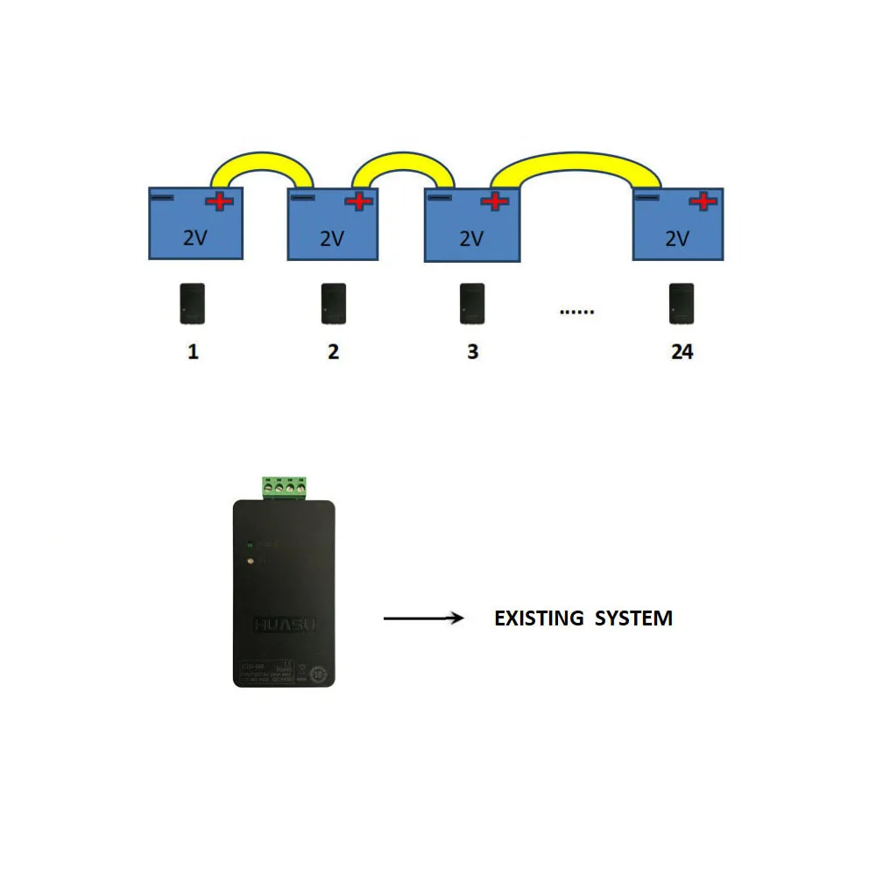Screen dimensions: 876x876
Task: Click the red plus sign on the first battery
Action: pyautogui.click(x=220, y=202)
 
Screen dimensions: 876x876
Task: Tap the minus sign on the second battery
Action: pyautogui.click(x=302, y=198)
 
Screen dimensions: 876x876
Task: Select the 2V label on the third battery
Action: pyautogui.click(x=471, y=239)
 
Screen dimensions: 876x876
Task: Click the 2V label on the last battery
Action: pyautogui.click(x=677, y=238)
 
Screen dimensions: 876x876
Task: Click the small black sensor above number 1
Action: pyautogui.click(x=194, y=304)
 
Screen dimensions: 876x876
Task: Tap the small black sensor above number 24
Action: pyautogui.click(x=682, y=304)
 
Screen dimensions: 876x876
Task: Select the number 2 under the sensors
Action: pyautogui.click(x=333, y=352)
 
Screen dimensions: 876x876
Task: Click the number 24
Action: pyautogui.click(x=682, y=352)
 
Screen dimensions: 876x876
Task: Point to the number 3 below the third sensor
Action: pyautogui.click(x=472, y=352)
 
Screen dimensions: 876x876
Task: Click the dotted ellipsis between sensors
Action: pyautogui.click(x=576, y=311)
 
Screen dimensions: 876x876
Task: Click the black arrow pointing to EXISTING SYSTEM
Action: pyautogui.click(x=423, y=619)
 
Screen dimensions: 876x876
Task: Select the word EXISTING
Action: pyautogui.click(x=539, y=618)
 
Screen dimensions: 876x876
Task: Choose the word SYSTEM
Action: pyautogui.click(x=633, y=618)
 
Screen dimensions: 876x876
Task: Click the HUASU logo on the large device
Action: pyautogui.click(x=284, y=624)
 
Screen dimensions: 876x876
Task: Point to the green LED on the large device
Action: pyautogui.click(x=250, y=544)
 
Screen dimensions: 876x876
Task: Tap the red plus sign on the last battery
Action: pyautogui.click(x=703, y=202)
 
